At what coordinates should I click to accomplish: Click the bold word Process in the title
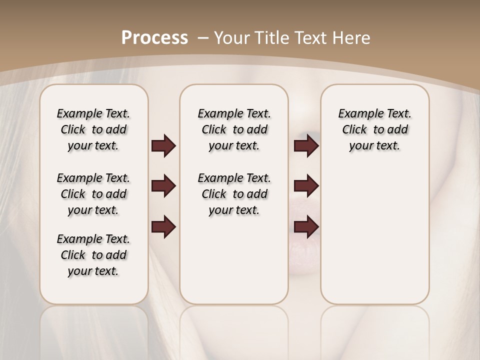tap(154, 38)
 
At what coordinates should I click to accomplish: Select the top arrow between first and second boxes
tap(163, 146)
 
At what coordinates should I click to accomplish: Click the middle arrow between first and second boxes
tap(163, 186)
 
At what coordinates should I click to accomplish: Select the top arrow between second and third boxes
tap(306, 146)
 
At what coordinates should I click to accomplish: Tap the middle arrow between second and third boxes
tap(306, 186)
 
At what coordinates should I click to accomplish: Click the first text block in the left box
tap(93, 129)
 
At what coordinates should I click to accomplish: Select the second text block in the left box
tap(93, 194)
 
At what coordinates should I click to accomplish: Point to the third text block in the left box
tap(93, 255)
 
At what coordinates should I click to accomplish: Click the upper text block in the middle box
tap(234, 129)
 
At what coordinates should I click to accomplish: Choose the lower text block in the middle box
tap(234, 194)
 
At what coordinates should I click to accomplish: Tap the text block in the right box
tap(374, 129)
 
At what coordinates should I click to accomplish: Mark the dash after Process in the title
tap(203, 38)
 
